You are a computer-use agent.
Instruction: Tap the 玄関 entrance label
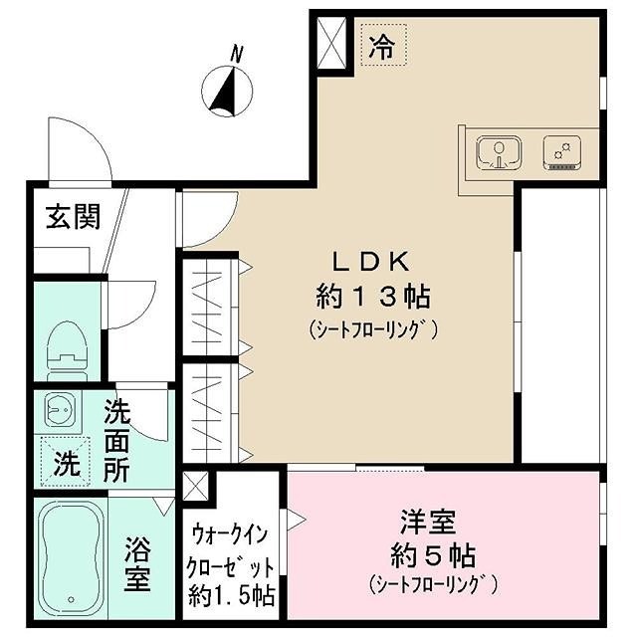point(72,217)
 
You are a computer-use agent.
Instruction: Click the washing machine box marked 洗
point(65,461)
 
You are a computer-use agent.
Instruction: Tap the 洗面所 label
point(117,439)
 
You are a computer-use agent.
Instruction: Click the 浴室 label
point(137,563)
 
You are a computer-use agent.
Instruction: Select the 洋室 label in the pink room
point(429,521)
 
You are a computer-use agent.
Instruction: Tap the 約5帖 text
point(430,553)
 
